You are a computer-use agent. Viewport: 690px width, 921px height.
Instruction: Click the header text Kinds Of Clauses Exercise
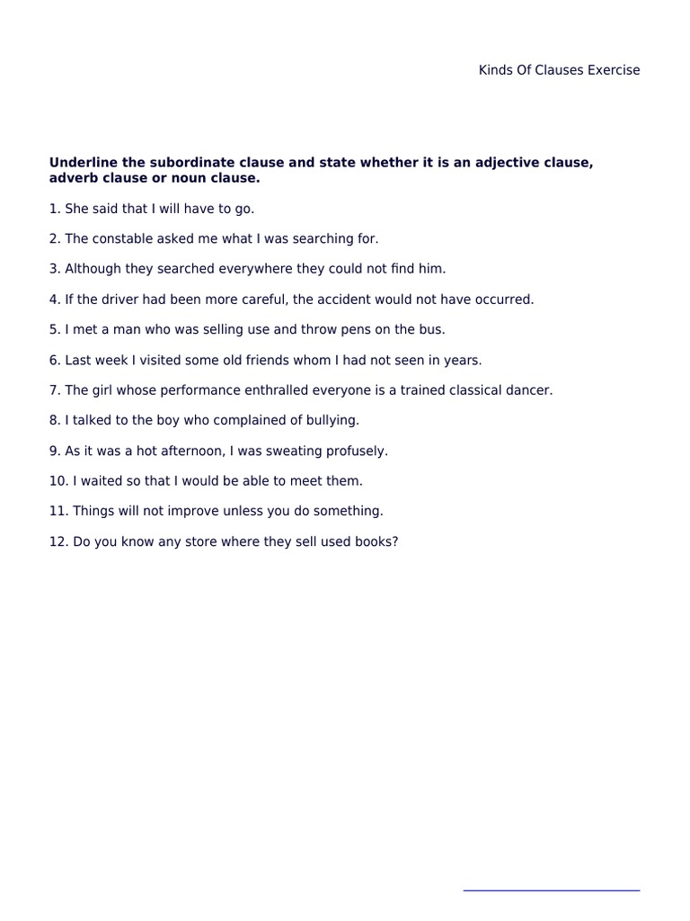pyautogui.click(x=559, y=70)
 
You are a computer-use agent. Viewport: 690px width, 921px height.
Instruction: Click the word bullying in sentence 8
pyautogui.click(x=332, y=420)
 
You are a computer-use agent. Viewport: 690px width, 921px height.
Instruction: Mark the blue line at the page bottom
pyautogui.click(x=551, y=890)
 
